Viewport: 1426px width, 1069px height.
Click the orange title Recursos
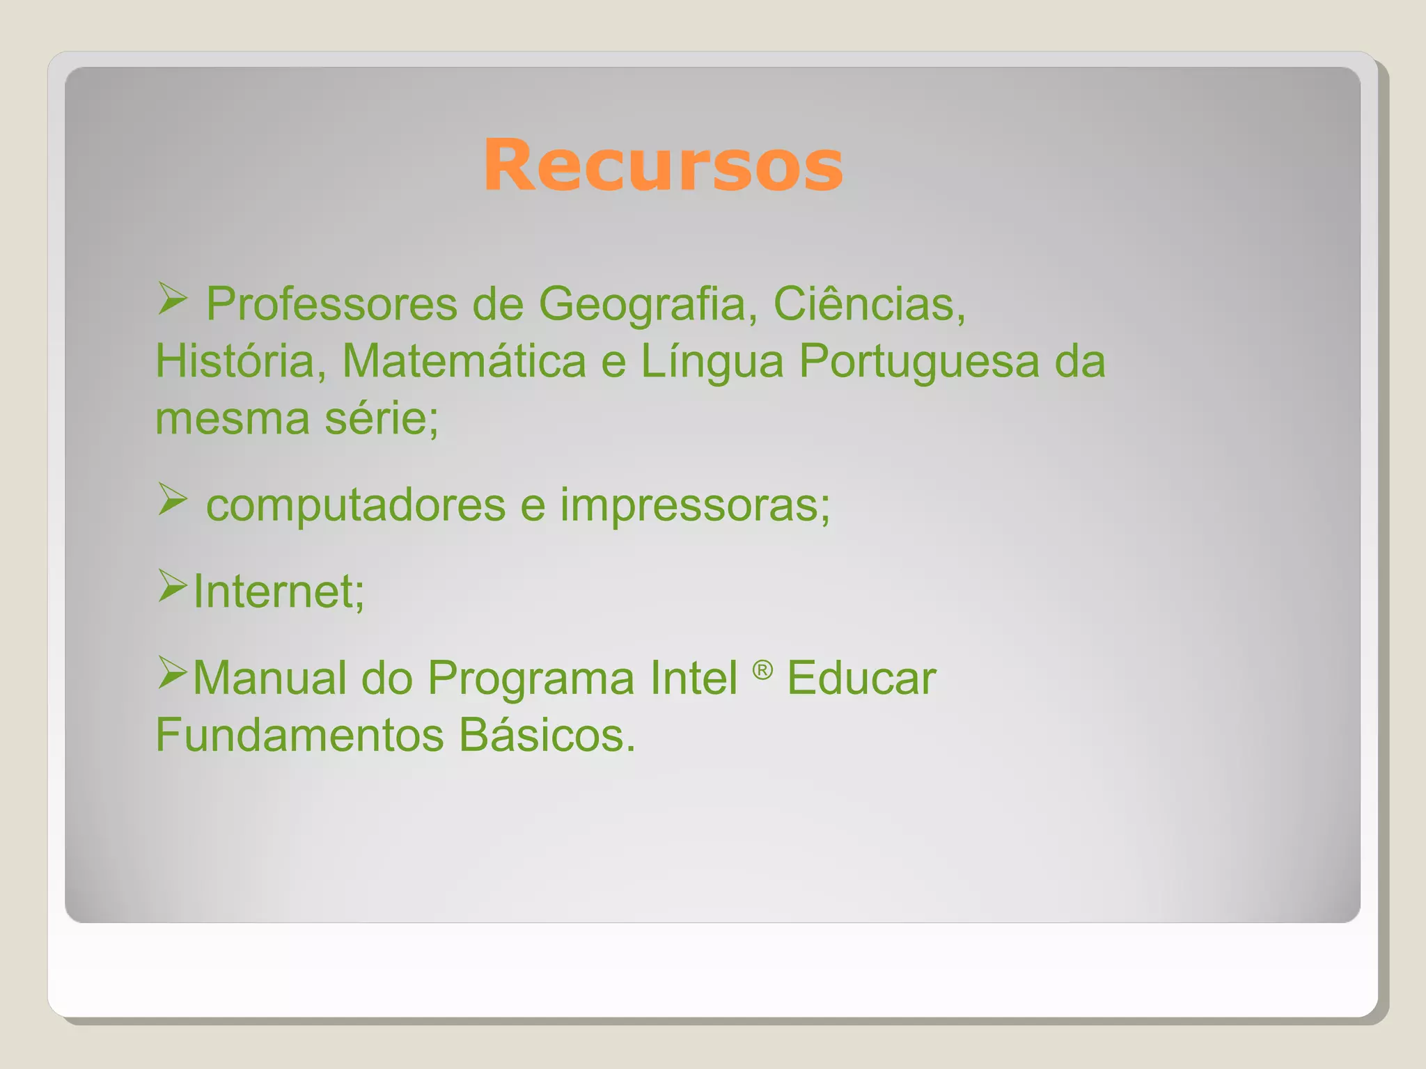click(663, 166)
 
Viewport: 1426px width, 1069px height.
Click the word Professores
click(331, 304)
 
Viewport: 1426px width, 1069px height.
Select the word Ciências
click(869, 304)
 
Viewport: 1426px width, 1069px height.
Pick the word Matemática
click(464, 361)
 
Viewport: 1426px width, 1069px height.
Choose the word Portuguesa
click(918, 361)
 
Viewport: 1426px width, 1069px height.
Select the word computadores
click(356, 505)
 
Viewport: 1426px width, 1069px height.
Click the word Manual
click(269, 677)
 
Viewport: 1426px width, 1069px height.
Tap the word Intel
click(694, 677)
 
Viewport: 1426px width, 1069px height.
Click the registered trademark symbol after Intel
click(762, 670)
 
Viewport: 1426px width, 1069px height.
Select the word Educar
click(861, 677)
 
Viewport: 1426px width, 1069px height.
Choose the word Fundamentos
click(299, 734)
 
